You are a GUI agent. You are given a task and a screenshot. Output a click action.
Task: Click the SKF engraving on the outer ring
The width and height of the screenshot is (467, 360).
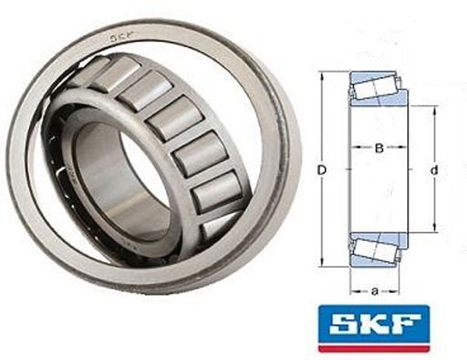pos(121,38)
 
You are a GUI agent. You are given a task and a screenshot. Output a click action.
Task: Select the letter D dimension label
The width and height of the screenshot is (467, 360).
pos(321,170)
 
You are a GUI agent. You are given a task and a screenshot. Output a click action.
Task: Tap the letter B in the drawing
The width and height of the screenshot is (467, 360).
pos(379,148)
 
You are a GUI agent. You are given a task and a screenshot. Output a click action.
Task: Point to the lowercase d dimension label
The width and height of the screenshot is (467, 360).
pos(434,170)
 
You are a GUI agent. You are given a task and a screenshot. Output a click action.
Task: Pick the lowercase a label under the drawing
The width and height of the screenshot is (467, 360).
pos(375,291)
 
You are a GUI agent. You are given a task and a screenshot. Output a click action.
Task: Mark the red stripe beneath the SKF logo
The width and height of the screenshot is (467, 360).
pos(374,348)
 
